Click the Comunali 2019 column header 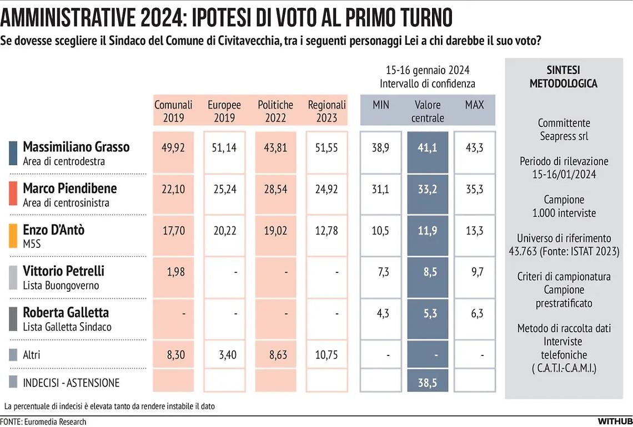pos(173,111)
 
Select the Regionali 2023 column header pos(326,111)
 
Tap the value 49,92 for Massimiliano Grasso pos(173,147)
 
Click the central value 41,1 pos(427,147)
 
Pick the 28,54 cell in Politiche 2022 pos(275,189)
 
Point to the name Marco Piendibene pos(69,188)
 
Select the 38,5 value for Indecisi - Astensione pos(427,383)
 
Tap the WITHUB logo pos(615,421)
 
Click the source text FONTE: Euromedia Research pos(43,421)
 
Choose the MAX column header pos(474,105)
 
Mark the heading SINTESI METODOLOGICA pos(563,77)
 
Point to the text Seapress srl pos(563,136)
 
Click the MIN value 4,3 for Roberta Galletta pos(380,313)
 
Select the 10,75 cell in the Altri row pos(326,355)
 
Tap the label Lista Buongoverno pos(61,286)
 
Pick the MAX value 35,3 pos(474,189)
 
